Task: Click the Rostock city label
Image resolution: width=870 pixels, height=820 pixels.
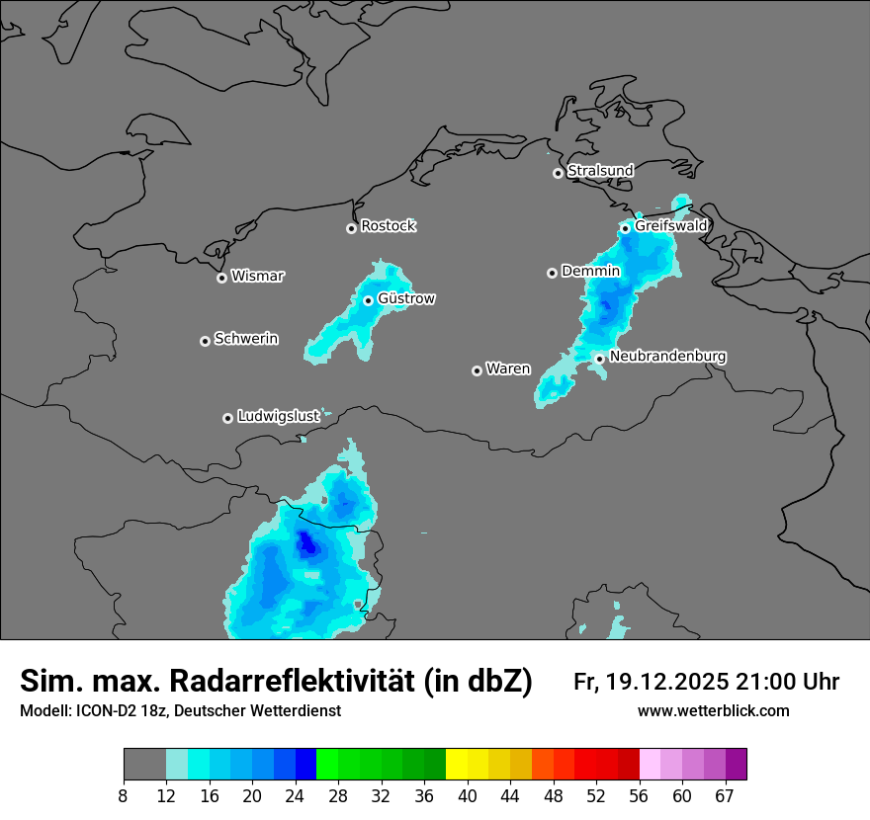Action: (x=388, y=226)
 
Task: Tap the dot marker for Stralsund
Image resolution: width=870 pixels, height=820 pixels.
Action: (x=558, y=173)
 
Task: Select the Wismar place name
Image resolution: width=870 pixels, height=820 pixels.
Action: (x=257, y=277)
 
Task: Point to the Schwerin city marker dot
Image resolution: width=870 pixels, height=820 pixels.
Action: (x=205, y=341)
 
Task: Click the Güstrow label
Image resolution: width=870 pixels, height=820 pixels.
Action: (x=406, y=298)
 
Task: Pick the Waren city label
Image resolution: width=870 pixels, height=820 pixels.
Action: (x=508, y=369)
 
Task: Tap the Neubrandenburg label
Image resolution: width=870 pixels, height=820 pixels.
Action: (x=667, y=357)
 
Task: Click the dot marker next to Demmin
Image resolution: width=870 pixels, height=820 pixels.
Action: (x=552, y=273)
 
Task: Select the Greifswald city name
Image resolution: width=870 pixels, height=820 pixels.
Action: (x=670, y=226)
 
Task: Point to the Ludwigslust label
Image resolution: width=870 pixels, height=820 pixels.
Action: (x=278, y=417)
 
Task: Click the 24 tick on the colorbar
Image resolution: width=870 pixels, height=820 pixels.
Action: (x=295, y=796)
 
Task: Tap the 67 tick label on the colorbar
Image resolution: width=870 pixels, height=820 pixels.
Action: (x=725, y=796)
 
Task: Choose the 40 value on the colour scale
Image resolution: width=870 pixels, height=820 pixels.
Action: (x=468, y=796)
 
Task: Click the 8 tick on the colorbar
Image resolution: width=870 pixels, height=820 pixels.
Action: (x=124, y=796)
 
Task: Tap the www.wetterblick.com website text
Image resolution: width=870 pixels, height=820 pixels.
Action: (x=713, y=711)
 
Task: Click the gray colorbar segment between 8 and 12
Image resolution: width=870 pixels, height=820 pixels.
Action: (x=144, y=765)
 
